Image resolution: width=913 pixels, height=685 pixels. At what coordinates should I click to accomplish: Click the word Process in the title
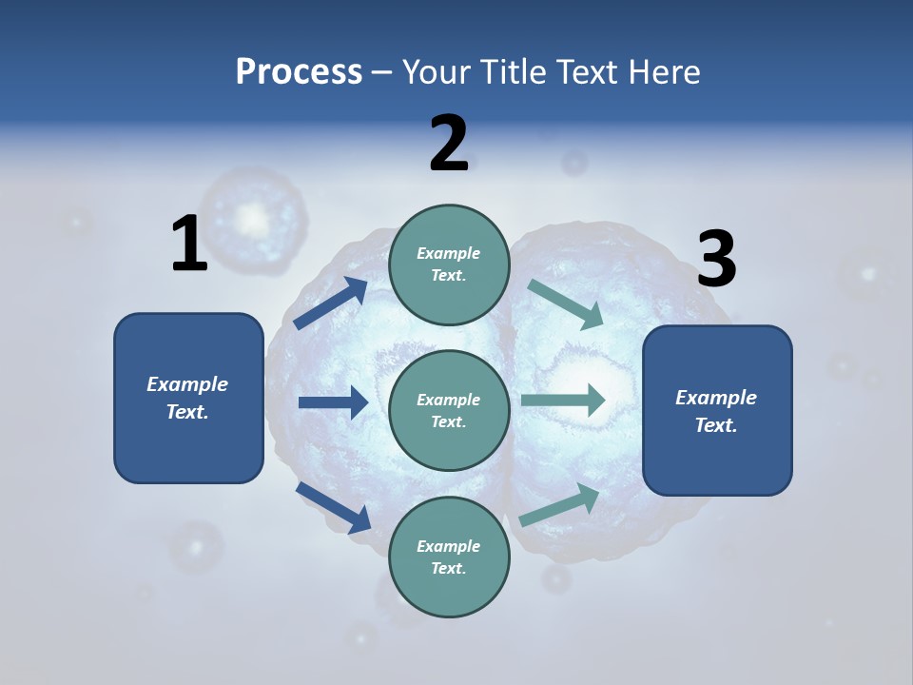click(x=299, y=72)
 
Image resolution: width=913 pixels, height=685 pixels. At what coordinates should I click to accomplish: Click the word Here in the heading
click(x=664, y=71)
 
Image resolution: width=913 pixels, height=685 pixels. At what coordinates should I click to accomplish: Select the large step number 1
click(x=190, y=243)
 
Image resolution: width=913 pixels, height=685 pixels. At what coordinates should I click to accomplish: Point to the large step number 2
click(x=449, y=143)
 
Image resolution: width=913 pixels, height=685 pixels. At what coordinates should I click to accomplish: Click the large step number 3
click(x=717, y=258)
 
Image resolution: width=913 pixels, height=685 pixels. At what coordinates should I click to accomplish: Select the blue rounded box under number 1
click(x=188, y=398)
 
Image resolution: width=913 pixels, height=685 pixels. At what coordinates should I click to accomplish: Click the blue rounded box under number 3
click(x=717, y=411)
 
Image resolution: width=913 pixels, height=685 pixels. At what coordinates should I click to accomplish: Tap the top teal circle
click(x=450, y=264)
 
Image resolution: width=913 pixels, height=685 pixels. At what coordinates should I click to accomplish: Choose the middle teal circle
click(x=450, y=411)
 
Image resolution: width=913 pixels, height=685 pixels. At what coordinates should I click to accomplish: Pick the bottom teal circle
click(x=450, y=557)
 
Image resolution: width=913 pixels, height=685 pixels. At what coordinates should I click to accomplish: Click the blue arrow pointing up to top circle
click(x=331, y=303)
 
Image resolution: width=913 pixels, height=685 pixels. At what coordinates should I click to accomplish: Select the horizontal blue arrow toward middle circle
click(x=334, y=401)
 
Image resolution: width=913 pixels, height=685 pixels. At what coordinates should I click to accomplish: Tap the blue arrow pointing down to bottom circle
click(x=334, y=508)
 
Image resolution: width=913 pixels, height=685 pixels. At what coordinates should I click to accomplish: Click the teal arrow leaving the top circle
click(x=565, y=304)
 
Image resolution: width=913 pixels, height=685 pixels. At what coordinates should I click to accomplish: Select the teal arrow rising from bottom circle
click(x=559, y=505)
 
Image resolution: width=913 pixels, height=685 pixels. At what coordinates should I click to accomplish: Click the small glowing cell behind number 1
click(x=254, y=220)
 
